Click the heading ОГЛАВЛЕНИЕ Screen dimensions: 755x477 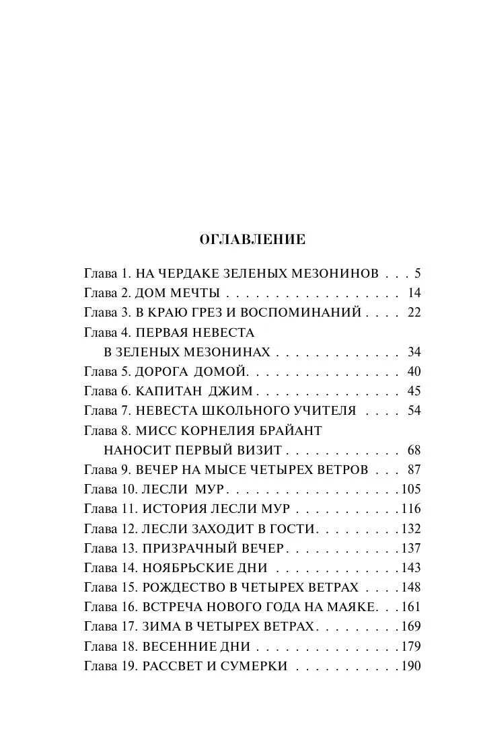(x=253, y=239)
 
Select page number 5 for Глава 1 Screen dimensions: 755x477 (x=417, y=274)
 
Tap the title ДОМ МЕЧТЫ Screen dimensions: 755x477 (x=178, y=293)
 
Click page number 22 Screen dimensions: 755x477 (x=414, y=313)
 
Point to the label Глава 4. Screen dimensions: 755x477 (x=108, y=332)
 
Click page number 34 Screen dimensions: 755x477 (x=414, y=352)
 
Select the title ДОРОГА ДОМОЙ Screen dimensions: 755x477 (x=192, y=372)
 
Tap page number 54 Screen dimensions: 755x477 (x=414, y=411)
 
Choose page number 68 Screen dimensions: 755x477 (x=414, y=450)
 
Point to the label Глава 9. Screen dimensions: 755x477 (x=108, y=470)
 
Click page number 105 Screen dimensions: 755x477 (x=410, y=489)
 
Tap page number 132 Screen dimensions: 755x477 (x=410, y=528)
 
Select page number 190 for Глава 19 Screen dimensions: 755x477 (x=410, y=666)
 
